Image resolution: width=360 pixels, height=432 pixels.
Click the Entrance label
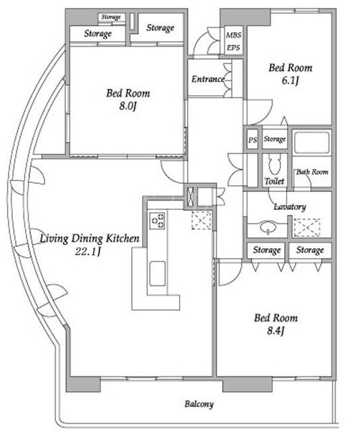click(208, 80)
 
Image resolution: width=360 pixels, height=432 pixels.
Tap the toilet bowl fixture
click(274, 165)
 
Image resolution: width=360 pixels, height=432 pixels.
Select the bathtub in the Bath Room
click(311, 142)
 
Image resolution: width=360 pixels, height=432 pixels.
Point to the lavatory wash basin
click(267, 227)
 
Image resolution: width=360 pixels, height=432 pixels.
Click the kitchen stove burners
click(157, 220)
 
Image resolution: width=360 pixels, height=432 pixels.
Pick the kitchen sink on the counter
click(157, 273)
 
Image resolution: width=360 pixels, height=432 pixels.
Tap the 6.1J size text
click(290, 81)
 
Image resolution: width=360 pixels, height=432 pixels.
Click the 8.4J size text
click(276, 331)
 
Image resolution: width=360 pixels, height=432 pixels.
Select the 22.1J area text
click(88, 251)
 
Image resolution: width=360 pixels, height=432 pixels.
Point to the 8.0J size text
click(128, 106)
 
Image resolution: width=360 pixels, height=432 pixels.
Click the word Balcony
click(199, 404)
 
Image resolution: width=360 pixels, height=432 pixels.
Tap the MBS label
click(234, 35)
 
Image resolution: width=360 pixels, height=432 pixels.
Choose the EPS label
click(233, 48)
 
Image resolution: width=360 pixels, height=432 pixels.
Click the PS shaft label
click(253, 140)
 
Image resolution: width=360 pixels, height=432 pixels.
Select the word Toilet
click(274, 181)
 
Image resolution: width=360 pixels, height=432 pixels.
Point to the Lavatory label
click(290, 207)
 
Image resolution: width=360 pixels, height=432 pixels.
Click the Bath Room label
click(312, 172)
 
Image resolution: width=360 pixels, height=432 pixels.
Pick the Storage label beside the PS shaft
click(274, 139)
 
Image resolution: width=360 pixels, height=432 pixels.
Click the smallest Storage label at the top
click(111, 17)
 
